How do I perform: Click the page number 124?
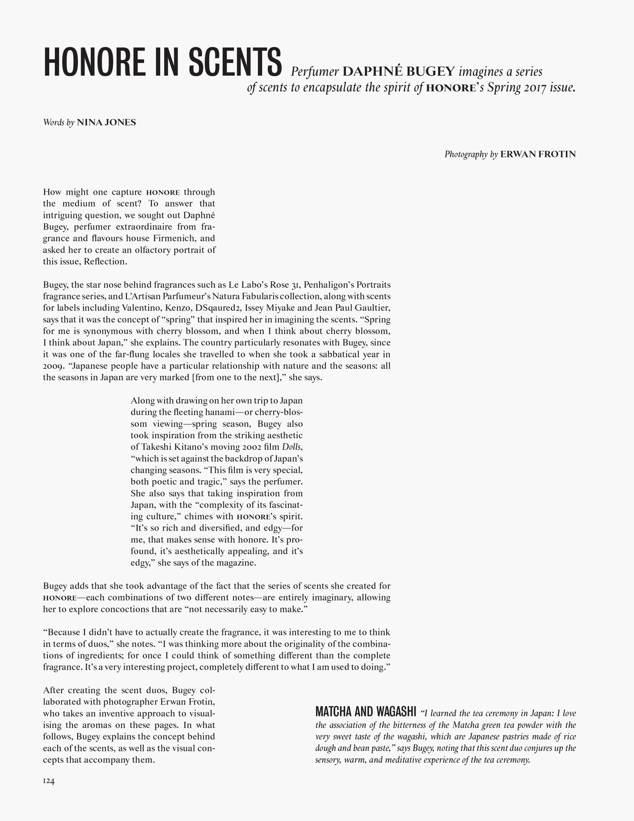[x=49, y=781]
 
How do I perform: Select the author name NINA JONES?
[x=106, y=122]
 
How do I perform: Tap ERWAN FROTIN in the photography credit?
[x=537, y=154]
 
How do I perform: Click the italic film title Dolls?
[x=291, y=447]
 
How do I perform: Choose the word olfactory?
[x=150, y=250]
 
